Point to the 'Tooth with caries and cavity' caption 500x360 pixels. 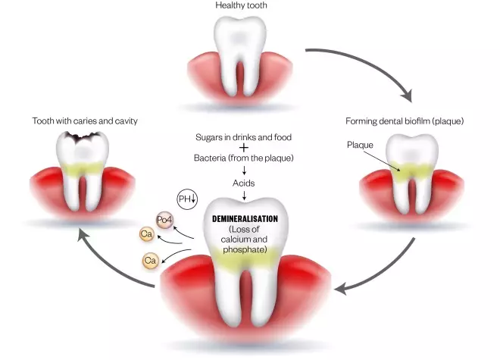85,121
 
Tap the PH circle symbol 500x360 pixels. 186,199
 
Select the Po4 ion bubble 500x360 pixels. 164,220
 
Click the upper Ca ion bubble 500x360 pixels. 147,234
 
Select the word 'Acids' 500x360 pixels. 244,183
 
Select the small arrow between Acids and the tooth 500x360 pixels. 244,196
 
